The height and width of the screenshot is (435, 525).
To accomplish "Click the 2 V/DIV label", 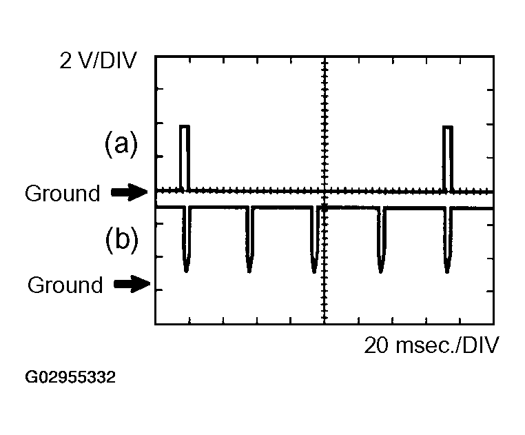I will (98, 62).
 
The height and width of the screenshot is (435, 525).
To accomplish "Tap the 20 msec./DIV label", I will (431, 345).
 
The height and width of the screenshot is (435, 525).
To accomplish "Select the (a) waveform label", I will (121, 145).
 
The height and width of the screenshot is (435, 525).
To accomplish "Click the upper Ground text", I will (62, 194).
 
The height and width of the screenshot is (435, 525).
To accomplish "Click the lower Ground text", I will (65, 285).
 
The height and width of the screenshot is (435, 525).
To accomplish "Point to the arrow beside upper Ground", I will (129, 194).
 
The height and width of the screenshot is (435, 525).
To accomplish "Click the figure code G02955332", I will (70, 378).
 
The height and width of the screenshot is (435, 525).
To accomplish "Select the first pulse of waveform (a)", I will (184, 157).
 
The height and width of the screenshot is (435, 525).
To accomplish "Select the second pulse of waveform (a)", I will (449, 157).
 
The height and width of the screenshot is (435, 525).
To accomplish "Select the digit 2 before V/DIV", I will (65, 62).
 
